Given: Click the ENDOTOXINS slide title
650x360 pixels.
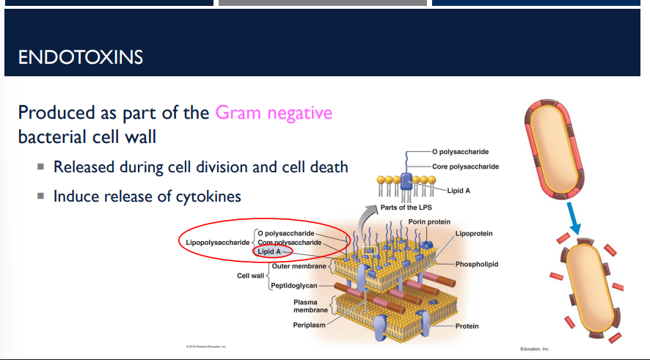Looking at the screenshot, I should (x=81, y=56).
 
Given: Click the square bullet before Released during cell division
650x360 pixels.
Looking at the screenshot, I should (x=41, y=168).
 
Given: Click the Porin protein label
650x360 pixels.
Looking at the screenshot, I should (x=429, y=221).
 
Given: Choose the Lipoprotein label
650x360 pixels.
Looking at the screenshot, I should (x=473, y=233).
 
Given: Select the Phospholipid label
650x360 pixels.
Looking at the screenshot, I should (x=476, y=264).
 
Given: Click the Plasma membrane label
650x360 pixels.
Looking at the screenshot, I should (x=305, y=306).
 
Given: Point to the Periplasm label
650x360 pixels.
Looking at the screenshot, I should (x=309, y=325).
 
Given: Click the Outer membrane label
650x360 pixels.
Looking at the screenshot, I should (x=299, y=266).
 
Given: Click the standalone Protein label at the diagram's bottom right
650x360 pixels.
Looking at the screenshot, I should (x=467, y=326).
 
